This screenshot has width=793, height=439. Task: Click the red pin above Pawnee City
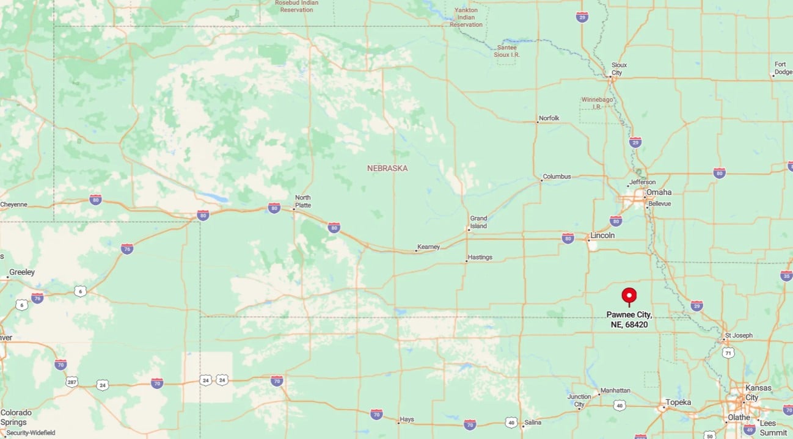click(x=629, y=296)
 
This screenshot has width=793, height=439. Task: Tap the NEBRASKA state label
click(x=387, y=168)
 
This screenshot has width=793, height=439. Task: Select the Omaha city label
click(x=659, y=192)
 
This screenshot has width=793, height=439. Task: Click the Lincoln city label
click(x=602, y=235)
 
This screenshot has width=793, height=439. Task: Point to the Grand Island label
click(x=478, y=222)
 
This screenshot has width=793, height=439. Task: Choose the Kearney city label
click(x=428, y=247)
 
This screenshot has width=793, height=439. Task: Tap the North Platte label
click(x=303, y=201)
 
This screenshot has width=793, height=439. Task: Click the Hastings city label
click(x=480, y=257)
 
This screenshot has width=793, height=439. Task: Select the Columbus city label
click(x=557, y=176)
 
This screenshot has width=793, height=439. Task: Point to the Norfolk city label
click(x=549, y=118)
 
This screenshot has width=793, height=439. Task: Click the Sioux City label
click(x=619, y=68)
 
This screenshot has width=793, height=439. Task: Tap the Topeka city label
click(x=678, y=402)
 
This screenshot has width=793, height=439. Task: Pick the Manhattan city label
click(x=615, y=390)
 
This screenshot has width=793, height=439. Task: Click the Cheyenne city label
click(x=13, y=205)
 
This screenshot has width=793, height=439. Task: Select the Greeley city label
click(x=21, y=272)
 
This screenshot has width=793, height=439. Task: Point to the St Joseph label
click(x=739, y=336)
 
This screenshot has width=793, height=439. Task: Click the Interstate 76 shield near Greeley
click(x=37, y=298)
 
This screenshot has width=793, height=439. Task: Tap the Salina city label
click(x=532, y=423)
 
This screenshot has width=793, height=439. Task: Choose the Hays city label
click(x=407, y=420)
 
